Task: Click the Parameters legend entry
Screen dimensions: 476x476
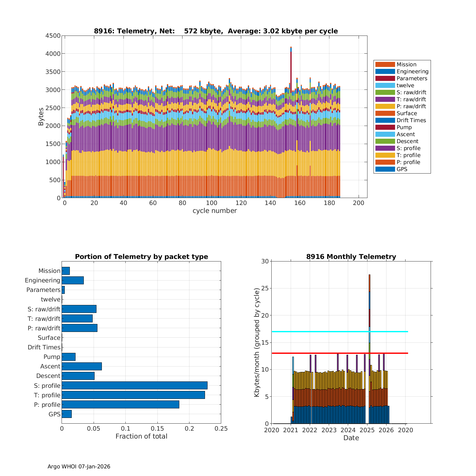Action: tap(412, 78)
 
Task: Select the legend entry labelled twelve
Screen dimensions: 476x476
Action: tap(405, 85)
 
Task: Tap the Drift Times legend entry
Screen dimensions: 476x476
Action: tap(411, 120)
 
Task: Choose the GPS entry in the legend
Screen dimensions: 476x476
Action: tap(402, 169)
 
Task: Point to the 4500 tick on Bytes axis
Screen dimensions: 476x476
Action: tap(53, 36)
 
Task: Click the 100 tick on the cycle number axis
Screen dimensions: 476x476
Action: tap(212, 203)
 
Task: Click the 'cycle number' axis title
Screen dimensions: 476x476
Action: tap(215, 211)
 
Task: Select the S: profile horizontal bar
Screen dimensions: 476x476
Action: tap(135, 386)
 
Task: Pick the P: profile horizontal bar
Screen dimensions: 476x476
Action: tap(120, 405)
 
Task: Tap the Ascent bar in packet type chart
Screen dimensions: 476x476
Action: tap(82, 366)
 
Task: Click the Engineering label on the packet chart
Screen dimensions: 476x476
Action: tap(43, 280)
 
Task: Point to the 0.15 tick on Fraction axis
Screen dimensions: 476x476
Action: tap(157, 429)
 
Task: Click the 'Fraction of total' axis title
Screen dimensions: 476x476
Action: tap(141, 436)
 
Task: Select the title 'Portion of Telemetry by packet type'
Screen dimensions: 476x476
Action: tap(142, 257)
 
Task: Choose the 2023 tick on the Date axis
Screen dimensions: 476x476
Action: tap(329, 430)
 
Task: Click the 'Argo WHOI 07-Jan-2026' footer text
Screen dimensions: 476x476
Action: tap(79, 466)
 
